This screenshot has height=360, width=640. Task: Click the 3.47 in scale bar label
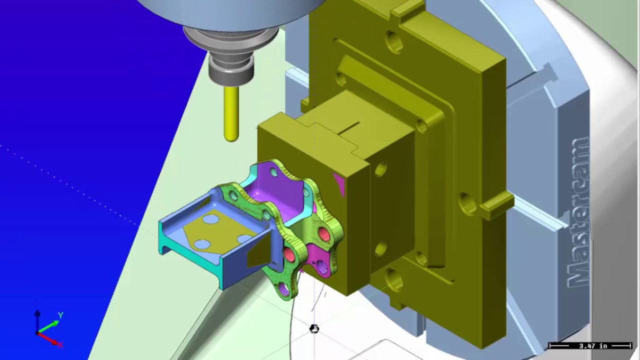pyautogui.click(x=593, y=345)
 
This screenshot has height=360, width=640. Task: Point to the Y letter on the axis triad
pyautogui.click(x=60, y=315)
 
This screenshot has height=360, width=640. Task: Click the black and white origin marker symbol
pyautogui.click(x=314, y=328)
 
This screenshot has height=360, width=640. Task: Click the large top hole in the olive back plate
pyautogui.click(x=394, y=42)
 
